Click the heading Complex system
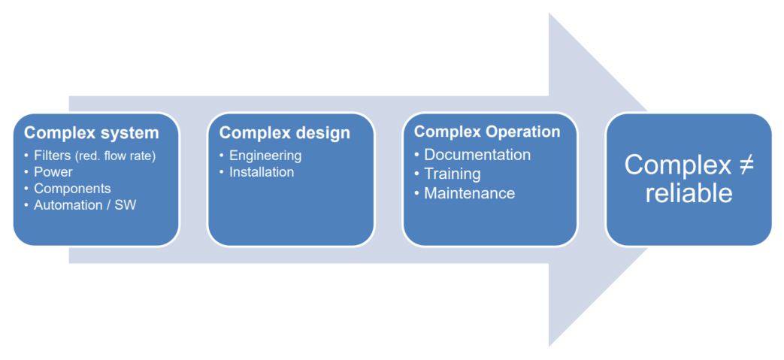(x=91, y=133)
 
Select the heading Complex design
(x=284, y=133)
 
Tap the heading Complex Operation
(x=487, y=132)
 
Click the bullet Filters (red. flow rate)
(x=94, y=156)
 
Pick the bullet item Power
(x=53, y=172)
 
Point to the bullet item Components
(x=72, y=189)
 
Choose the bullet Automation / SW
(x=85, y=204)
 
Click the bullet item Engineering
(x=265, y=156)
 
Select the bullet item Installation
(x=262, y=172)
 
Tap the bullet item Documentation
(x=477, y=155)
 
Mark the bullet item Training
(x=453, y=174)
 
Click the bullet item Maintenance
(x=469, y=193)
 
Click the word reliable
(x=689, y=192)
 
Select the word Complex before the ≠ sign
(x=675, y=165)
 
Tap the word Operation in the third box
(x=522, y=132)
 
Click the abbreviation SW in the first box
(x=126, y=204)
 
